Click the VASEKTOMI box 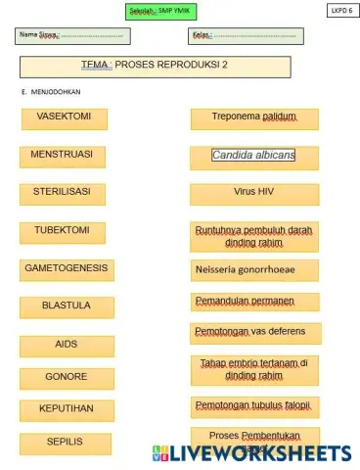65,118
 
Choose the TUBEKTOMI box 64,232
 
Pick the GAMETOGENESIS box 67,268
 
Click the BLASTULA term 67,306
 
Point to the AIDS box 67,345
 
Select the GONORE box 67,377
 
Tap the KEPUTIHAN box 67,409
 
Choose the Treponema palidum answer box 253,118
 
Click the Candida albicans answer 253,156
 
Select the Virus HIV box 253,193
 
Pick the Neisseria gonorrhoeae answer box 253,268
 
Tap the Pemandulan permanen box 253,301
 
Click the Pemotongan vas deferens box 253,333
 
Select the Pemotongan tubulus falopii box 253,405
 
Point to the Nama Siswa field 75,35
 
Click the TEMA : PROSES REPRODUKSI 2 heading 156,66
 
